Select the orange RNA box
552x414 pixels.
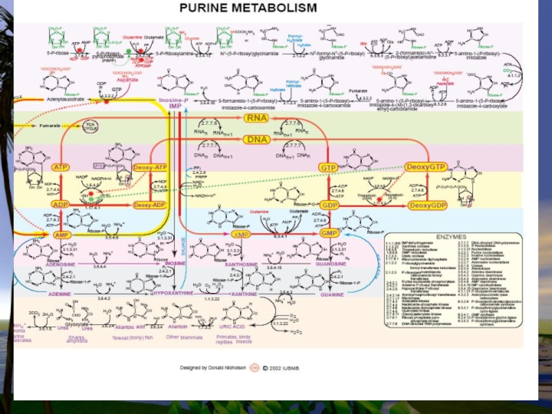tap(254, 118)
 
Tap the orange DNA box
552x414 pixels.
tap(254, 139)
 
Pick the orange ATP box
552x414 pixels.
tap(61, 168)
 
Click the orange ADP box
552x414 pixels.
tap(61, 205)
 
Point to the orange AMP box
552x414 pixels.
tap(61, 235)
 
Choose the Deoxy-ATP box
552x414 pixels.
tap(151, 168)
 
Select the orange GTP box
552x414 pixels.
tap(327, 168)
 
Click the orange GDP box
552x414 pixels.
tap(329, 206)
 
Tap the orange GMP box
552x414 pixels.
tap(329, 234)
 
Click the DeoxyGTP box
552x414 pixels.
tap(426, 167)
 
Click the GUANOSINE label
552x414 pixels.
tap(331, 264)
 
